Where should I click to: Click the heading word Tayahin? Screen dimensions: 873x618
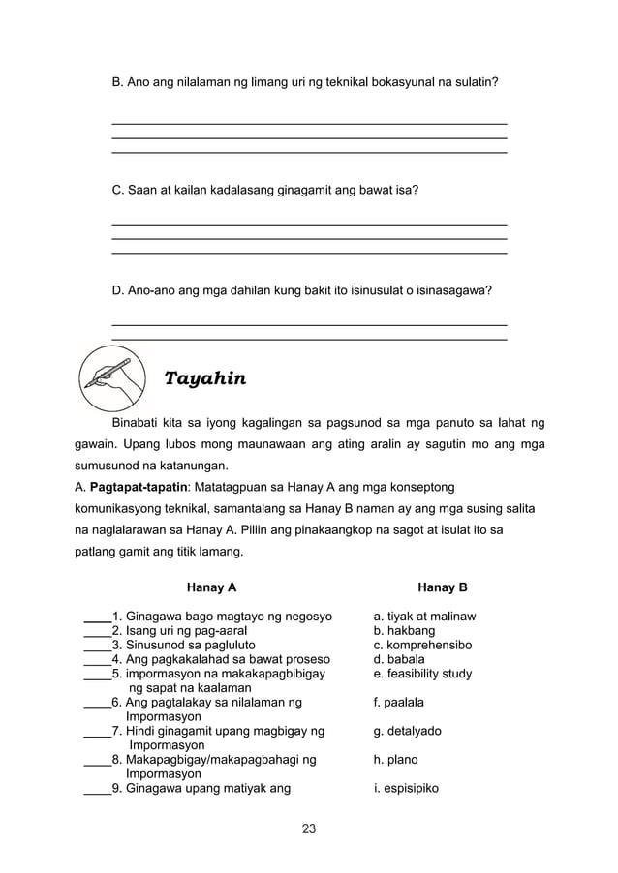[x=205, y=378]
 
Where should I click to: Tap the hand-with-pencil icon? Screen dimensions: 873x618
[x=111, y=377]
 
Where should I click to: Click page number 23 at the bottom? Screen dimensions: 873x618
[x=309, y=828]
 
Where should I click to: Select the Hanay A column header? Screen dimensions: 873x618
[x=211, y=587]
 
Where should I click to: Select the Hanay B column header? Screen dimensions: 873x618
[x=443, y=587]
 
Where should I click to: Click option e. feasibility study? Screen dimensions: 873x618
[x=423, y=674]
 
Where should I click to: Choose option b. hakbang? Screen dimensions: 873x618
[x=405, y=631]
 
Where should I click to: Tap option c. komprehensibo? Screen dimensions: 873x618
[x=423, y=645]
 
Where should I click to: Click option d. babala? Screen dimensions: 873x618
[x=401, y=659]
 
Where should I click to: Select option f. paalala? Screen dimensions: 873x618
[x=402, y=703]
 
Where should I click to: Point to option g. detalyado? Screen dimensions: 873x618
[x=408, y=732]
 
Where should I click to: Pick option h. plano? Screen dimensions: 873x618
[x=398, y=761]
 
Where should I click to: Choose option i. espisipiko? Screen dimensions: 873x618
[x=407, y=789]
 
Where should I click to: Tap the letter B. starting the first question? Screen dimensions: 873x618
[x=118, y=83]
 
